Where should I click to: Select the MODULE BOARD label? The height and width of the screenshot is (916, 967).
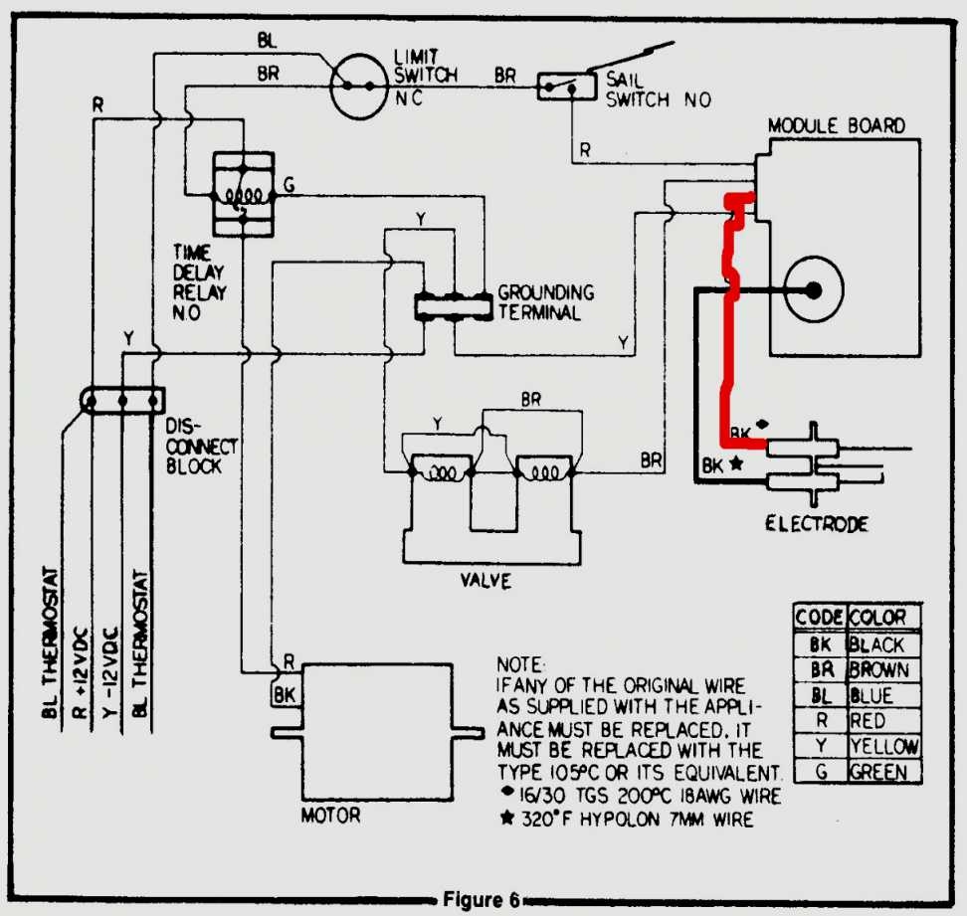tap(836, 126)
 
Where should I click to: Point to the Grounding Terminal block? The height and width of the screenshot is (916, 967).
tap(453, 306)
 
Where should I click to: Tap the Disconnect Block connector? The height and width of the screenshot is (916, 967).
tap(121, 402)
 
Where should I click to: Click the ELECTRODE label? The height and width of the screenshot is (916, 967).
tap(817, 524)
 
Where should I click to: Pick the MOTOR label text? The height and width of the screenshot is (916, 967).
tap(330, 817)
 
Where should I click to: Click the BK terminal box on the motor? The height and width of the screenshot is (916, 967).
tap(284, 693)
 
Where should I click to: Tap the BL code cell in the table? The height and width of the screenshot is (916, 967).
tap(820, 695)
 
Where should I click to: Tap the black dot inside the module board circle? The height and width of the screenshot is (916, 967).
tap(813, 290)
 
